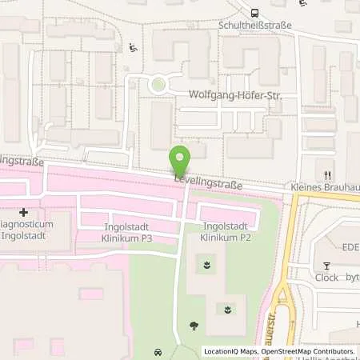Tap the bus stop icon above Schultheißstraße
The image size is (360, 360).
coord(254,13)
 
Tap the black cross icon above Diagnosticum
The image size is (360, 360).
coord(23,213)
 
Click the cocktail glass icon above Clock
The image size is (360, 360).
coord(326,266)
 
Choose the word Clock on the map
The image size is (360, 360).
coord(326,278)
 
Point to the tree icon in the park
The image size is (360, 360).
coord(194,325)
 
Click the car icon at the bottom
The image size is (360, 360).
coord(158,351)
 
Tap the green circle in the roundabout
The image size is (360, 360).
coord(158,83)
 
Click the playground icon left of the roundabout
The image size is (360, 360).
coord(133,47)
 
